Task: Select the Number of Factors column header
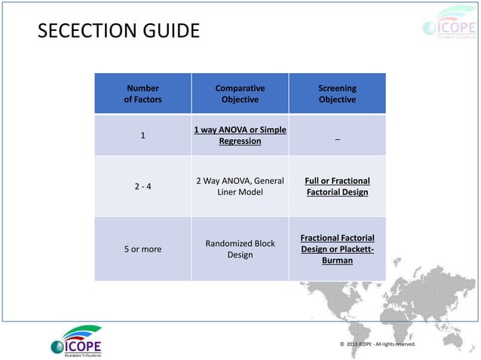[x=142, y=93]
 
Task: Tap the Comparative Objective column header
[x=240, y=93]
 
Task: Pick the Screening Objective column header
[x=337, y=93]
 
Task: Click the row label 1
[x=142, y=136]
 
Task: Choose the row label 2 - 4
[x=142, y=186]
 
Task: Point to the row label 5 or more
[x=142, y=249]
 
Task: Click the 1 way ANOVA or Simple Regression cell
[x=240, y=136]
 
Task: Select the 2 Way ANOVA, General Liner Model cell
[x=240, y=186]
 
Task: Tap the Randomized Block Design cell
[x=240, y=249]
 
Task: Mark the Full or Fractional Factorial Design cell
[x=337, y=186]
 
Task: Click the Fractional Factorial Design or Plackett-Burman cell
[x=337, y=249]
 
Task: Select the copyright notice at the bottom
[x=377, y=344]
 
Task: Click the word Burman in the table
[x=337, y=261]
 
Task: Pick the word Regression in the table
[x=240, y=141]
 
